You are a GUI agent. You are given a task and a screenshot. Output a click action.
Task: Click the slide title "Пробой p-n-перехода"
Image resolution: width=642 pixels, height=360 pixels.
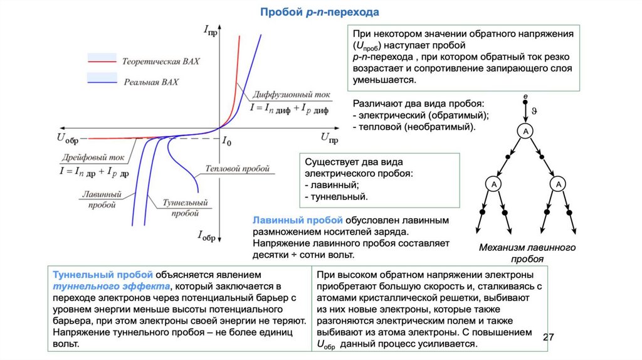(320, 12)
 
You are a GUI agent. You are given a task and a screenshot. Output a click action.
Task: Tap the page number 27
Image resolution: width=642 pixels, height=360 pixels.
(549, 337)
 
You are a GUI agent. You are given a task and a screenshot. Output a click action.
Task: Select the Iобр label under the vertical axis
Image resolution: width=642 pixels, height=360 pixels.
(207, 236)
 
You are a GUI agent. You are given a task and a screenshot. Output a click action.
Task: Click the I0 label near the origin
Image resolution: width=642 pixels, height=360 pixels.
(226, 142)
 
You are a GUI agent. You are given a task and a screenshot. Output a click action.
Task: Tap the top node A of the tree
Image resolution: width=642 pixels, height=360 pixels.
(525, 130)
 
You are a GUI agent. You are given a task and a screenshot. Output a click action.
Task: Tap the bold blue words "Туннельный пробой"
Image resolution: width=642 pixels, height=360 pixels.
(100, 275)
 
